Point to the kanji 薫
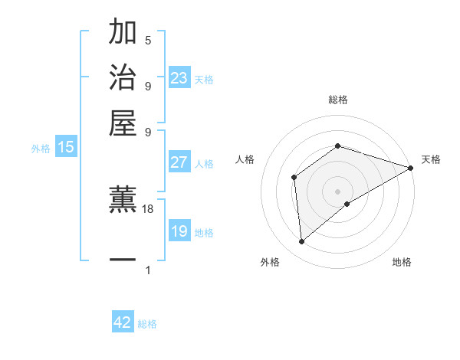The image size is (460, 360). pyautogui.click(x=123, y=200)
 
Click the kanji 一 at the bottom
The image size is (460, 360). pyautogui.click(x=123, y=260)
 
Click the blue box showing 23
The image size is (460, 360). pyautogui.click(x=179, y=78)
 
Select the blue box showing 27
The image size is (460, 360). pyautogui.click(x=179, y=162)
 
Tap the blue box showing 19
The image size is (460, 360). pyautogui.click(x=179, y=231)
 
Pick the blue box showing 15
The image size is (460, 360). pyautogui.click(x=66, y=148)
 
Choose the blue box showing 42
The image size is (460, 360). pyautogui.click(x=123, y=323)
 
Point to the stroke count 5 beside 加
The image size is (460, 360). pyautogui.click(x=148, y=40)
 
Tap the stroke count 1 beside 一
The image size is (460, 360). pyautogui.click(x=148, y=270)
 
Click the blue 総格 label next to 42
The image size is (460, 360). pyautogui.click(x=147, y=325)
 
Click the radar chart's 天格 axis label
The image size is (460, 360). pyautogui.click(x=431, y=159)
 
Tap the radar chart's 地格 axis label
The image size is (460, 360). pyautogui.click(x=402, y=263)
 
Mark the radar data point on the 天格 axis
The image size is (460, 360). pyautogui.click(x=411, y=168)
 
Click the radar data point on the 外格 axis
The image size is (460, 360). pyautogui.click(x=302, y=242)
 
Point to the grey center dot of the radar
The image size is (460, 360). pyautogui.click(x=337, y=191)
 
